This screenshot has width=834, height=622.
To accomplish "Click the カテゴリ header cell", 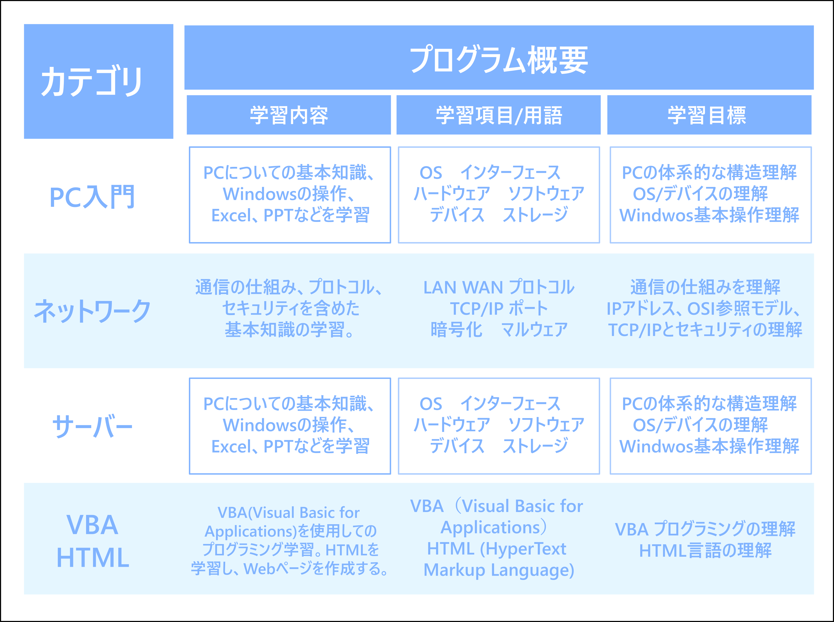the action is pyautogui.click(x=99, y=81).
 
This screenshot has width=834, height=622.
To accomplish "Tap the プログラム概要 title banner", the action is pyautogui.click(x=499, y=58).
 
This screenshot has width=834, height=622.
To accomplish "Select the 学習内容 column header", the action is pyautogui.click(x=289, y=115).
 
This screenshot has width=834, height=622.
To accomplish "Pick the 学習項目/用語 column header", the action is pyautogui.click(x=499, y=115).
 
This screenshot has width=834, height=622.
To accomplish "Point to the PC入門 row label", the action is pyautogui.click(x=92, y=196).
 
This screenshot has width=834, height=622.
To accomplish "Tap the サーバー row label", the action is pyautogui.click(x=92, y=427).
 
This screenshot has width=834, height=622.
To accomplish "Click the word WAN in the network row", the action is pyautogui.click(x=482, y=288).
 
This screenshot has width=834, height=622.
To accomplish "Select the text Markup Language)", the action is pyautogui.click(x=499, y=570).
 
